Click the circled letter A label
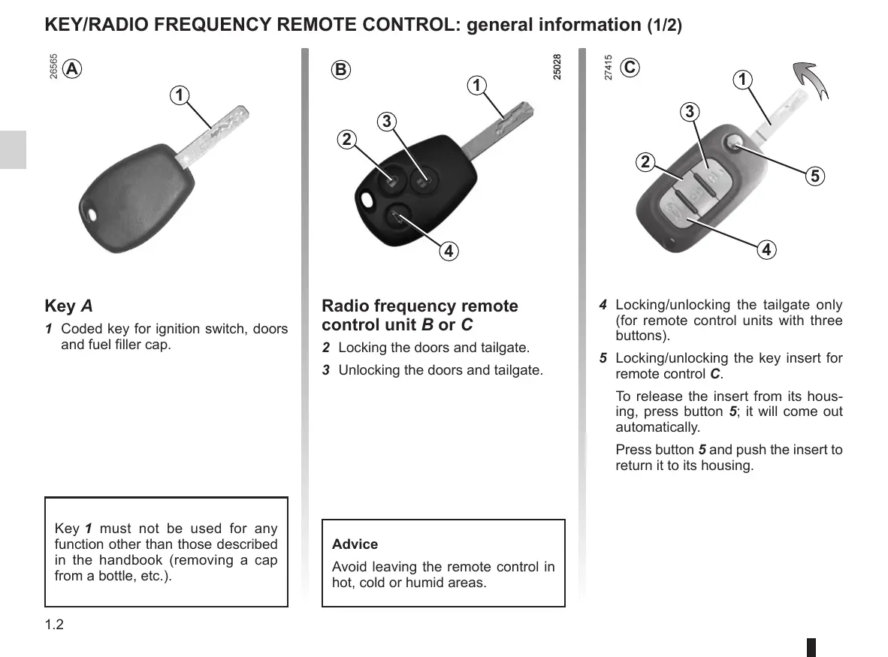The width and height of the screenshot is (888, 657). (x=71, y=69)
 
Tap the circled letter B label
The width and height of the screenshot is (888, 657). (x=341, y=70)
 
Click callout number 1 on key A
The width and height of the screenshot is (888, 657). (x=179, y=95)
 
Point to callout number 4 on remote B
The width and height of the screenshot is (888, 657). (x=448, y=251)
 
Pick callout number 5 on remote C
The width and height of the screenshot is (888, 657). (x=815, y=176)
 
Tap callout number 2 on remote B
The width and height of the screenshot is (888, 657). (x=346, y=140)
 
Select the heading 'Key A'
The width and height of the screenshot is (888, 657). (x=69, y=306)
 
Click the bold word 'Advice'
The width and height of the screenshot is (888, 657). (x=355, y=544)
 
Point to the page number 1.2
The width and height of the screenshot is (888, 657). (x=54, y=625)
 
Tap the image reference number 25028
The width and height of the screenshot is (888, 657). (x=557, y=67)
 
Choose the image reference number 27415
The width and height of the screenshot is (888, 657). (x=609, y=67)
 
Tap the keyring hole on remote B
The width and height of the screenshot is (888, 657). (x=367, y=200)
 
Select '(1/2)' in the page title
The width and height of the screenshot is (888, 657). (x=664, y=26)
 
